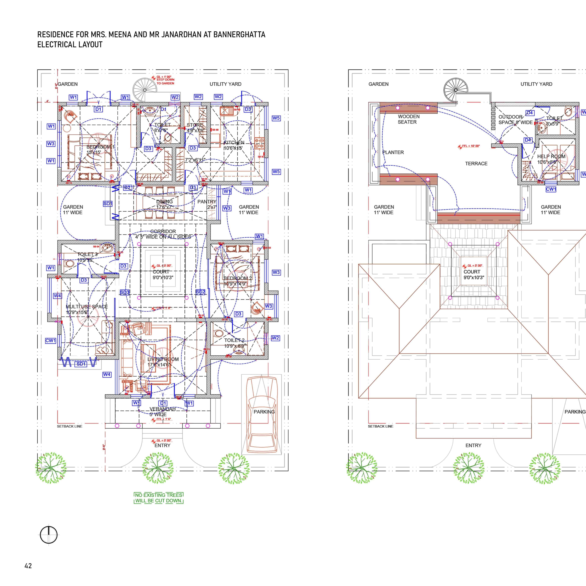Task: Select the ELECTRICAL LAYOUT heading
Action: pyautogui.click(x=70, y=45)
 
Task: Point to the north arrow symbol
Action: pyautogui.click(x=48, y=535)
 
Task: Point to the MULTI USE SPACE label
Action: pyautogui.click(x=87, y=307)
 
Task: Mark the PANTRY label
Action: pyautogui.click(x=207, y=202)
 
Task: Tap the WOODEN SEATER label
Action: pyautogui.click(x=408, y=119)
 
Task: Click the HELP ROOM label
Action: pyautogui.click(x=551, y=157)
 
